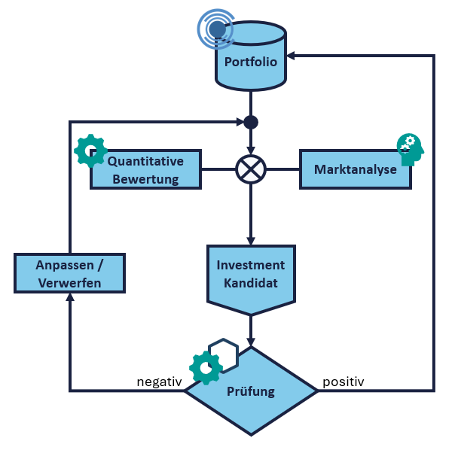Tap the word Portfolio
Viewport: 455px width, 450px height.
point(251,62)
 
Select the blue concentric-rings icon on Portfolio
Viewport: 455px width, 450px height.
point(216,29)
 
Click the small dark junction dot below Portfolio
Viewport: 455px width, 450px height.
point(251,122)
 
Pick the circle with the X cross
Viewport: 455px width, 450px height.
point(250,169)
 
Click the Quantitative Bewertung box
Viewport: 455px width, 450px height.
point(146,169)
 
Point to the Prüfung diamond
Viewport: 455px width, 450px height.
point(251,391)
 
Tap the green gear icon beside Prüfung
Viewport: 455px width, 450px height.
point(206,367)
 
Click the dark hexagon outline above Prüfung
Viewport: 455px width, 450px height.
point(224,351)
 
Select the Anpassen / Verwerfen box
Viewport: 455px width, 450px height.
point(69,273)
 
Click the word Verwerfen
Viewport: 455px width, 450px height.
point(69,282)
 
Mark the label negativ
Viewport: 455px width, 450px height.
point(159,382)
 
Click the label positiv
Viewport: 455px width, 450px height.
point(344,382)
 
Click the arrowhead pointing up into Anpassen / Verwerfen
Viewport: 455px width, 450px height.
point(70,298)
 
